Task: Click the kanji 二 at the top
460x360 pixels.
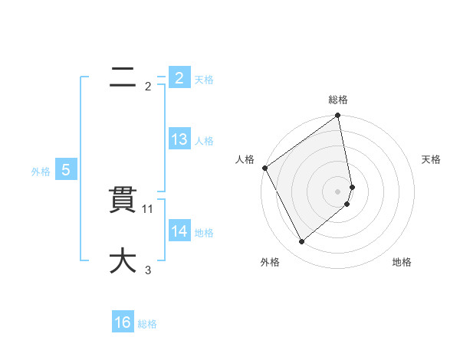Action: coord(122,77)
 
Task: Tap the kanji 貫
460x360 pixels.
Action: coord(122,201)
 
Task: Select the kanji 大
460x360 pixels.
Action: coord(122,260)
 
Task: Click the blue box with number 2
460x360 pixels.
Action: coord(179,77)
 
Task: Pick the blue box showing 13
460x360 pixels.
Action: coord(179,139)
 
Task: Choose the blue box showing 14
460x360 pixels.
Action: coord(179,231)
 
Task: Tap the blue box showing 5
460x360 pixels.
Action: coord(66,170)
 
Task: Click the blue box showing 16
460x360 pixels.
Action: coord(123,322)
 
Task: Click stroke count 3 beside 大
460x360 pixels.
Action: coord(148,270)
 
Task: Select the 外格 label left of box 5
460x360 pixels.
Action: coord(41,172)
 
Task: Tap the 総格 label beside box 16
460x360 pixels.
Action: coord(147,324)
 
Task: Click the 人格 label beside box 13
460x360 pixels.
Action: coord(204,141)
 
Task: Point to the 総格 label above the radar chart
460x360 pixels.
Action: coord(338,100)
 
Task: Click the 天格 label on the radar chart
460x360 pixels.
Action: coord(432,159)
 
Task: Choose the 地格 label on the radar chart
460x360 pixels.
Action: coord(402,263)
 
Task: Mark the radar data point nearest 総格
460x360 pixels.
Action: coord(338,116)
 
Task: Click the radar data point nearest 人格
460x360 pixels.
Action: coord(264,168)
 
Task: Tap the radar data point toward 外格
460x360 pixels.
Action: coord(301,242)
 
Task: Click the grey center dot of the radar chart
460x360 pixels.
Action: coord(338,191)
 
